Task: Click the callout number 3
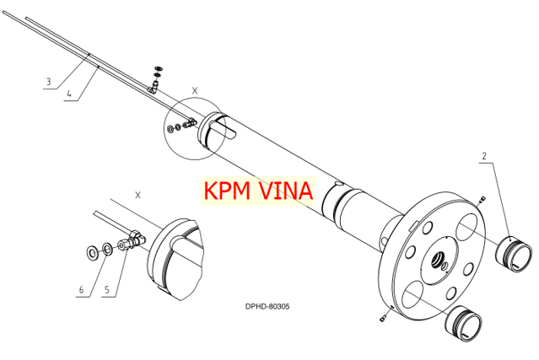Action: [49, 82]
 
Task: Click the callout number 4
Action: [69, 94]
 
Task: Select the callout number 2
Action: [484, 156]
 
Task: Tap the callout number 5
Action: [107, 289]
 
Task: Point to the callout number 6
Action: [81, 289]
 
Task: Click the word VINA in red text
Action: [285, 191]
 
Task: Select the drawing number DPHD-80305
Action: [267, 306]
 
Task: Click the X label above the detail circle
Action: [195, 91]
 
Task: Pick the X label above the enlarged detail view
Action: [137, 195]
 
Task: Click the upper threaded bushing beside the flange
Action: [514, 254]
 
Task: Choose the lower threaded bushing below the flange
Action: [464, 324]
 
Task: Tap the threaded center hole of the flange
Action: [438, 261]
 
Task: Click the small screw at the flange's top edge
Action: [482, 199]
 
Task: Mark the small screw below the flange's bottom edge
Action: [383, 319]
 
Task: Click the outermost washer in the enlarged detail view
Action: [92, 253]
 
